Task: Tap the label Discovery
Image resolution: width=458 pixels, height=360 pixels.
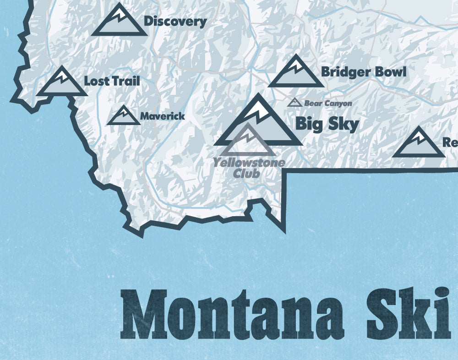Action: coord(175,21)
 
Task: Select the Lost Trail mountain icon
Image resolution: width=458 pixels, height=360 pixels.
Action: coord(62,83)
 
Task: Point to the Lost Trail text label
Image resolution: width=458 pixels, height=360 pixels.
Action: coord(112,82)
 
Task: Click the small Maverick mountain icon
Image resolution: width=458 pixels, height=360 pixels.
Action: coord(123,116)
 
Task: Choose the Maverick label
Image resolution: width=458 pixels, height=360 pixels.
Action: coord(163,116)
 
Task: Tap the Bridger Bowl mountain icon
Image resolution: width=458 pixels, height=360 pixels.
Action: coord(296,73)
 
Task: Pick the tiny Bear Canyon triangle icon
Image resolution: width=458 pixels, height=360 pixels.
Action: coord(294,103)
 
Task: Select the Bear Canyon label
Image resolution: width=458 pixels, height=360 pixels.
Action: coord(328,104)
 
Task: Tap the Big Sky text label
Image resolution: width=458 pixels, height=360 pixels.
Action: coord(327,124)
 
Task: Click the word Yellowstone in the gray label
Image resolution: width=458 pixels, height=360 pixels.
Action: coord(249,163)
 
